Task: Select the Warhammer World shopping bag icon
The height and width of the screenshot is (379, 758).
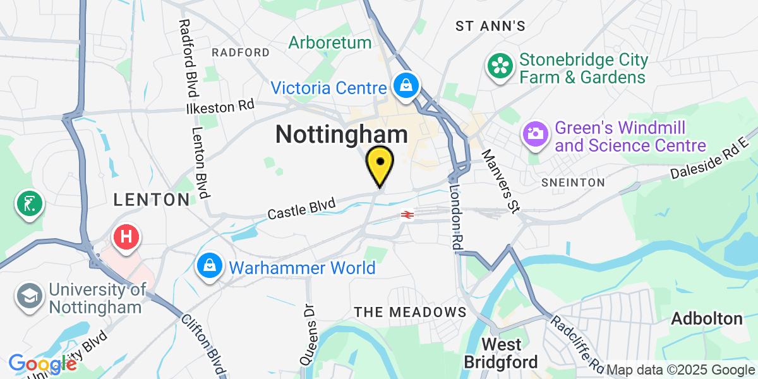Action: click(x=209, y=267)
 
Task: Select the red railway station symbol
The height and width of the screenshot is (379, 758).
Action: click(x=407, y=215)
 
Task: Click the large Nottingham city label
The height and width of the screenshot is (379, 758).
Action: click(x=342, y=134)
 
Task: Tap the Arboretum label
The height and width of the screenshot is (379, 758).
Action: click(x=330, y=43)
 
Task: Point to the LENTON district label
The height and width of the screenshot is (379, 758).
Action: click(x=151, y=200)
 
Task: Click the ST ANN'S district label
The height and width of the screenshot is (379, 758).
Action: click(x=491, y=26)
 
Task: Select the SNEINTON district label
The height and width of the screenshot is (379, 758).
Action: click(x=573, y=183)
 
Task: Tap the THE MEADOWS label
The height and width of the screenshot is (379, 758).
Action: click(x=410, y=312)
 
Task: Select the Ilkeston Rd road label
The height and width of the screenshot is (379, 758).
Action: click(x=220, y=107)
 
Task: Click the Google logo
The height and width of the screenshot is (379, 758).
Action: click(x=42, y=364)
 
